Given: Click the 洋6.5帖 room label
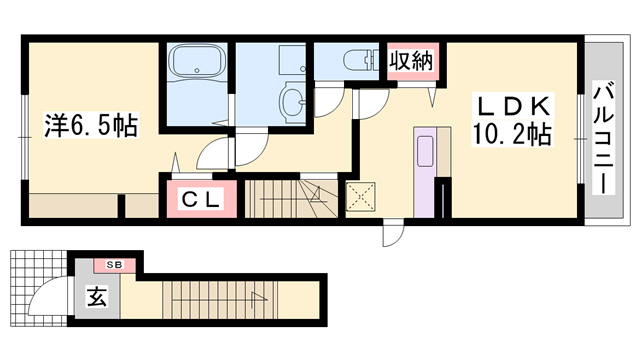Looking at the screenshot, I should [90, 125].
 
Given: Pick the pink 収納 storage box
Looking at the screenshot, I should [410, 61].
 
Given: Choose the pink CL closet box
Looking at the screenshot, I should [200, 198].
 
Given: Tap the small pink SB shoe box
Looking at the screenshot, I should [115, 265].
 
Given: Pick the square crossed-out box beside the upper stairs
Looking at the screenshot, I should [359, 195].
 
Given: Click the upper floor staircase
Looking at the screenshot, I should [290, 197].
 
